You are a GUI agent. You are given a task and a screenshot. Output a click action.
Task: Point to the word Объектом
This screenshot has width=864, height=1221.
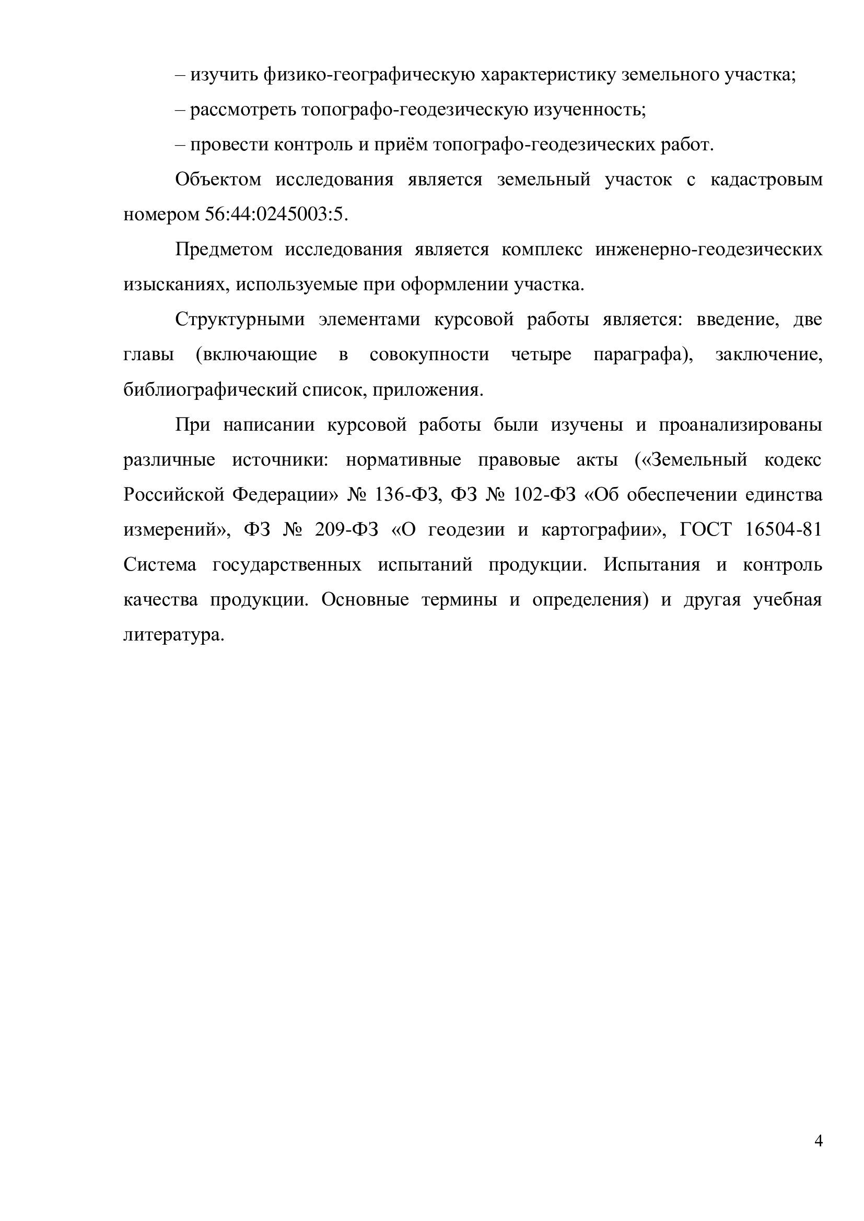[218, 180]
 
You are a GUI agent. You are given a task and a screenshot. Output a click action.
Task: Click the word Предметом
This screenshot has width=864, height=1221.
[224, 250]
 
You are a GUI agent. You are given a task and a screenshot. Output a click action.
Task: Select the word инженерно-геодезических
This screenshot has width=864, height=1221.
[709, 250]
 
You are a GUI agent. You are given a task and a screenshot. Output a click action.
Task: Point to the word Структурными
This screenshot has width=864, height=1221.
[240, 319]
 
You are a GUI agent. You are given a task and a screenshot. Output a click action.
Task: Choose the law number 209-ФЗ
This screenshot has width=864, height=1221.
[346, 530]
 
